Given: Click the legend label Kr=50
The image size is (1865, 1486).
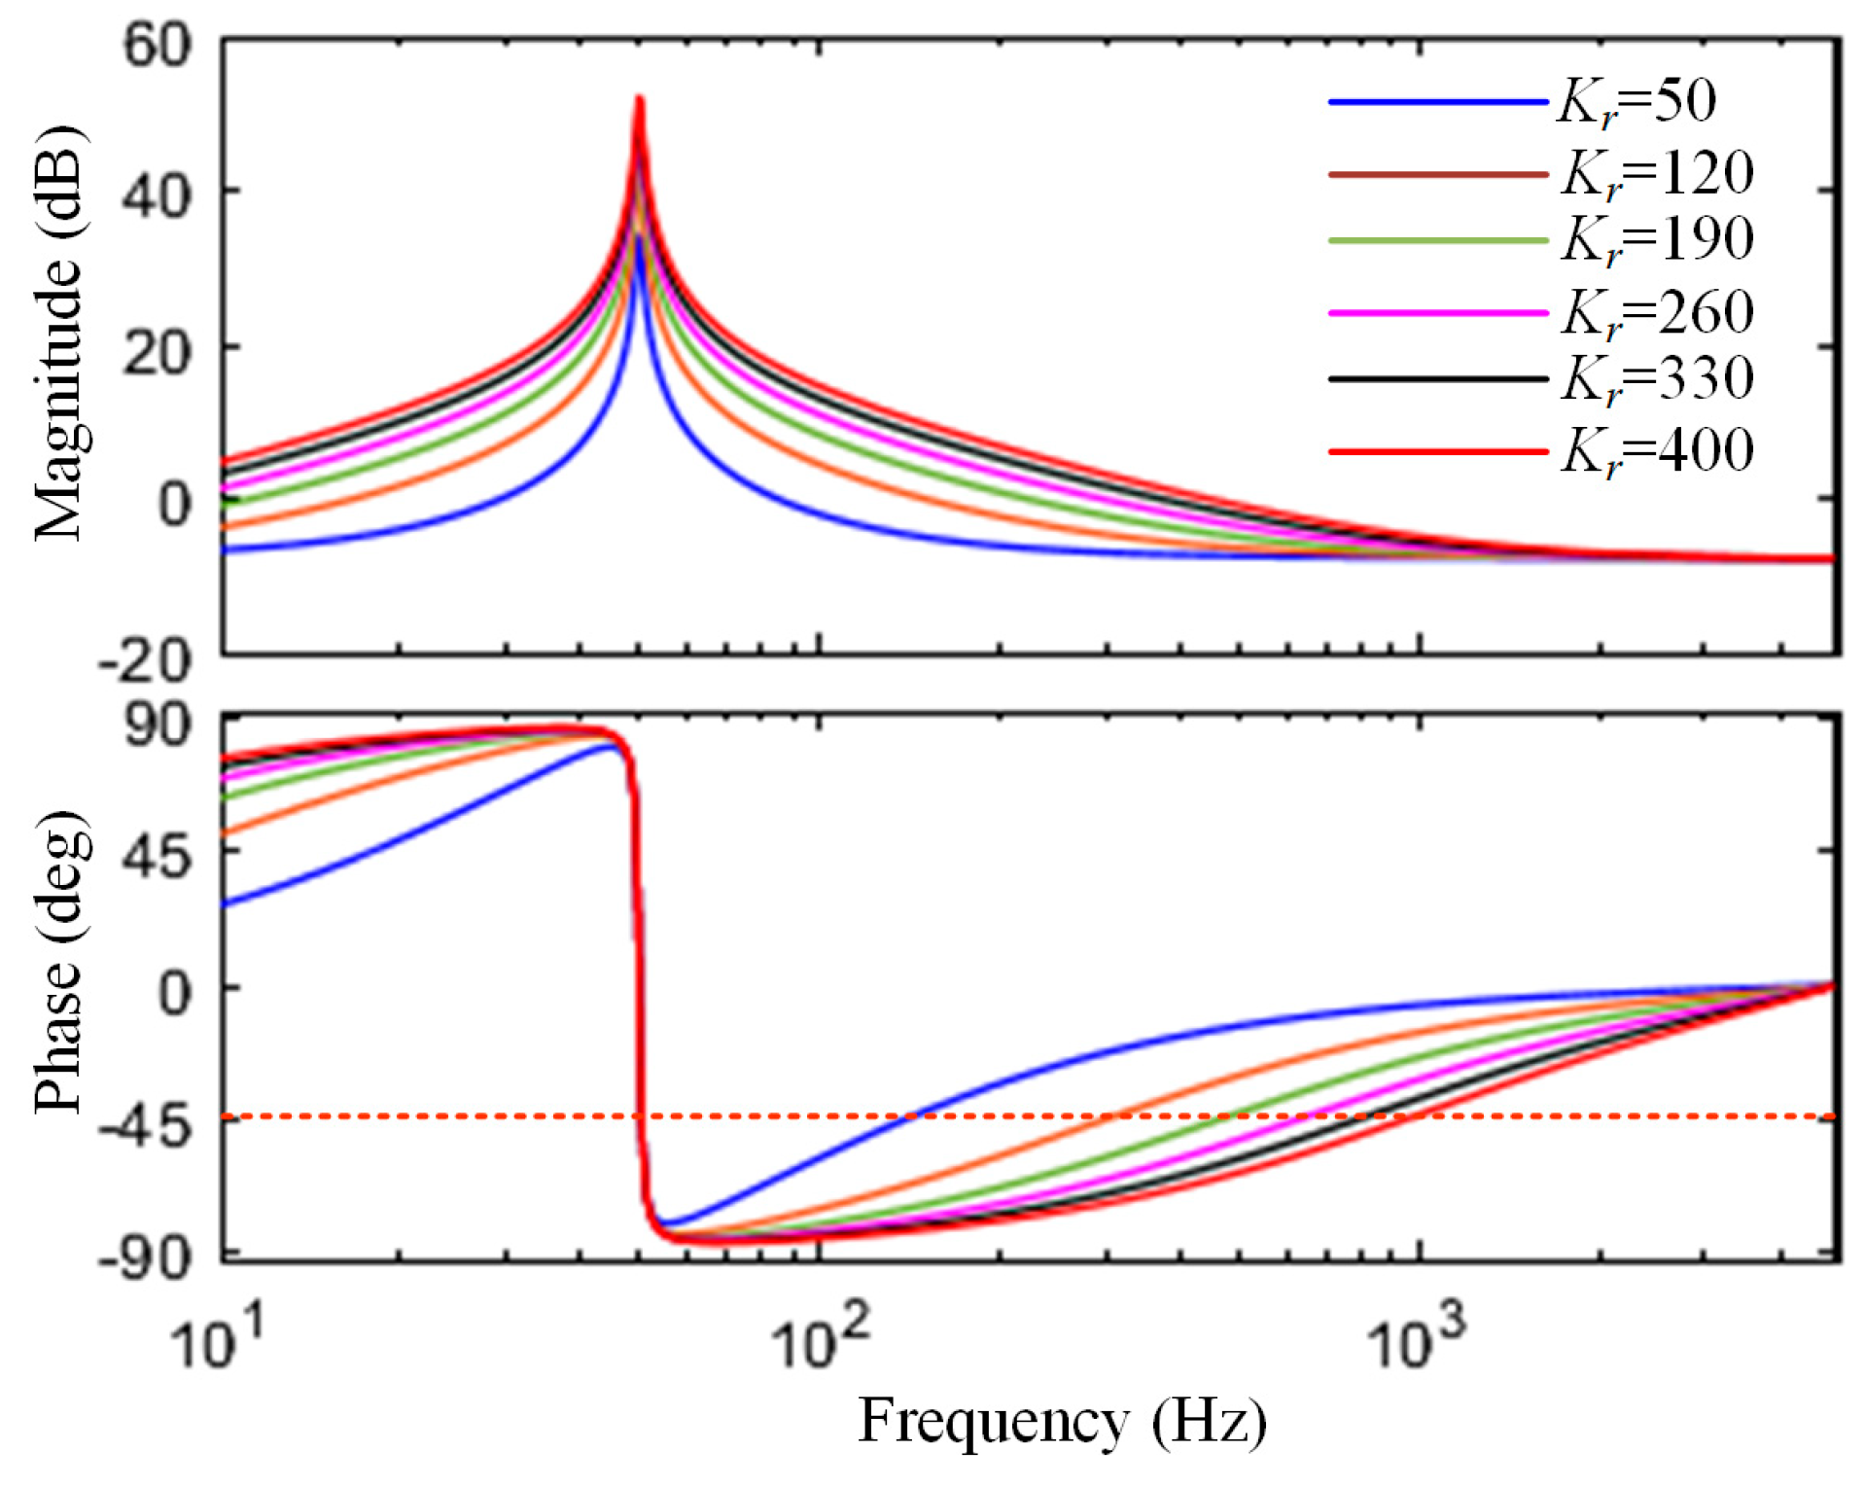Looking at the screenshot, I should point(1636,102).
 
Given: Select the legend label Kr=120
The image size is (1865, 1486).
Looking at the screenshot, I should point(1657,174).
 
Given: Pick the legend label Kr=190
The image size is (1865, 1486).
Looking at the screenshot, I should point(1657,239).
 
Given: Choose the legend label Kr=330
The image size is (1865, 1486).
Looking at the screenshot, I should point(1657,378).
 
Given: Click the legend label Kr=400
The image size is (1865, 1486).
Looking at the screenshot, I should point(1657,451).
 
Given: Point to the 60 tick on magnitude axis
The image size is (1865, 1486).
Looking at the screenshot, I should point(158,46).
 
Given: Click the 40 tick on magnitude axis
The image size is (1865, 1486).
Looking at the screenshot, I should point(158,196).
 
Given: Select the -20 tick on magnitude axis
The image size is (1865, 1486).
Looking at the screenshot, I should point(146,662).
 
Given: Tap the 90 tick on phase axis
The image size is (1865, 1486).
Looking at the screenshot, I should point(158,725).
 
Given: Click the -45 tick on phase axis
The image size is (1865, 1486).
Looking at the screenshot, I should point(146,1127).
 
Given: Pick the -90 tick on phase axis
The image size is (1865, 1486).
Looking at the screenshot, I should point(146,1260).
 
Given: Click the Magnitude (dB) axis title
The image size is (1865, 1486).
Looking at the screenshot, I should point(60,334).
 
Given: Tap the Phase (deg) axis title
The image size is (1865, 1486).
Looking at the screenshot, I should point(60,961).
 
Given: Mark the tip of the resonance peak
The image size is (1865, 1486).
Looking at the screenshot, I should point(639,98).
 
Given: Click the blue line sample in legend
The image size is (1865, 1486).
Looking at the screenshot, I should point(1437,102).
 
